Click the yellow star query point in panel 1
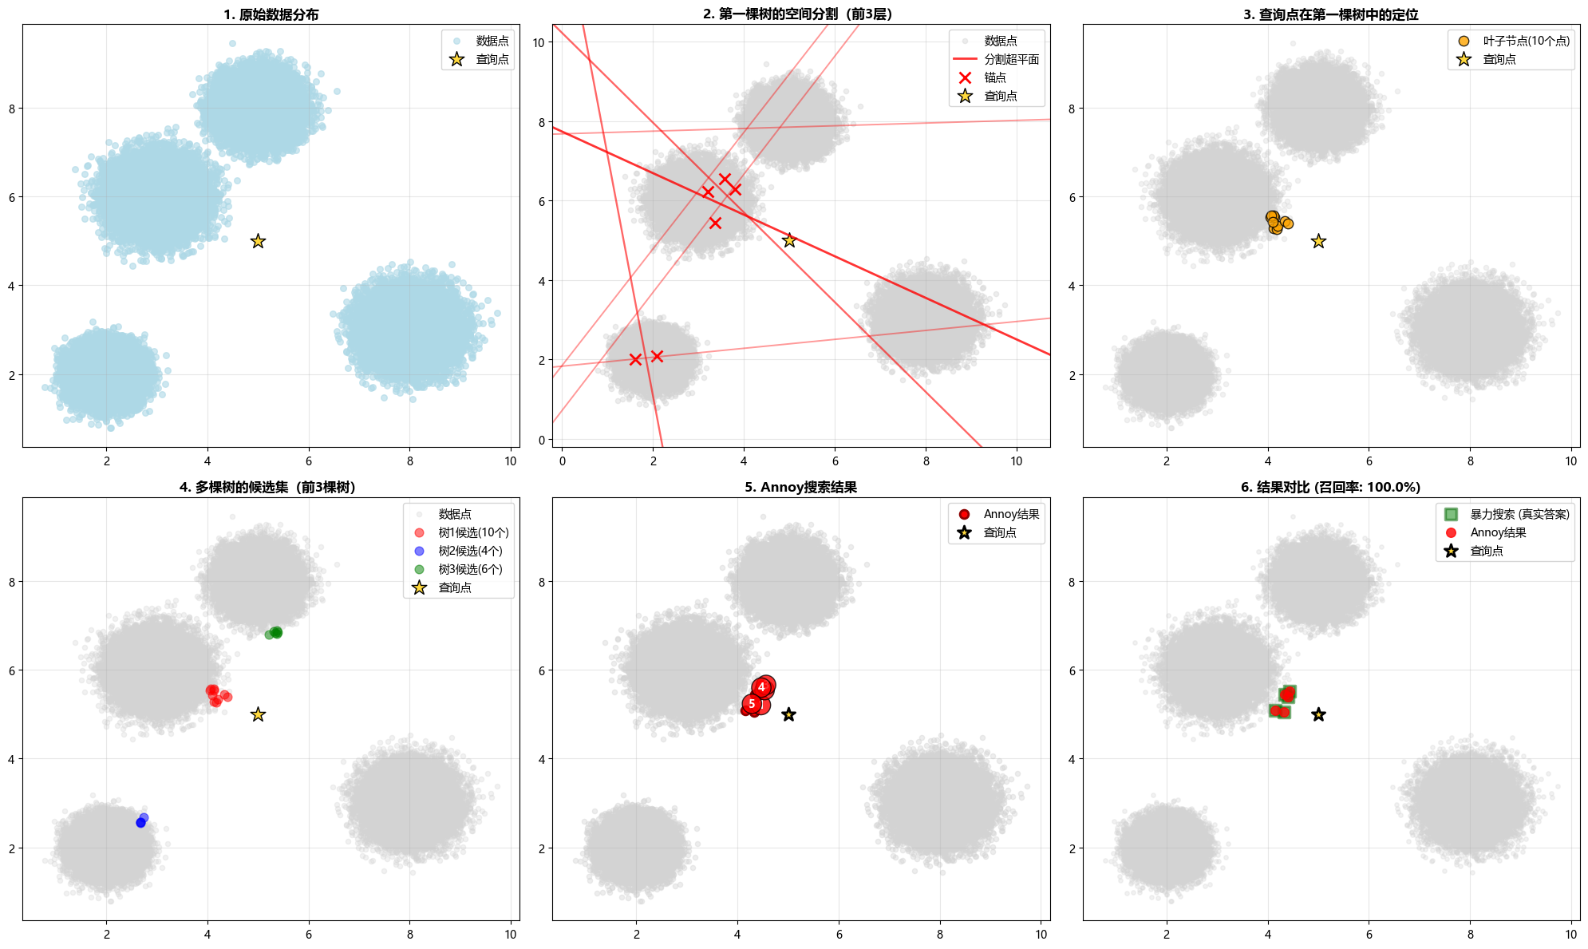[x=258, y=241]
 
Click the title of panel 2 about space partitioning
[x=800, y=14]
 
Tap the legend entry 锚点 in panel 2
[x=994, y=77]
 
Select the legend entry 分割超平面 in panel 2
[x=1011, y=59]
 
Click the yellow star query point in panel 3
[x=1318, y=241]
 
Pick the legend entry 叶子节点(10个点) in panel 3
[x=1526, y=41]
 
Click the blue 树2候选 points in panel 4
[x=142, y=820]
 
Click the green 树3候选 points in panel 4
[x=274, y=633]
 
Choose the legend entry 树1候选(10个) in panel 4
[x=473, y=532]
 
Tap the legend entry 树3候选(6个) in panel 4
[x=470, y=569]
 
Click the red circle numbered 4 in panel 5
[x=762, y=687]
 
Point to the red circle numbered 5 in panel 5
[x=752, y=704]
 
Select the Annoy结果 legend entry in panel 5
[x=1011, y=514]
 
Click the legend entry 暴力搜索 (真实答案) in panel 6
[x=1519, y=514]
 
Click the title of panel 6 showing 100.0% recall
[x=1330, y=488]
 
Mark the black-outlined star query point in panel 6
[x=1318, y=714]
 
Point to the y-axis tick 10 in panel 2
[x=539, y=42]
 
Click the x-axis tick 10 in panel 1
[x=511, y=461]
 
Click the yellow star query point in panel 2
[x=789, y=240]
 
